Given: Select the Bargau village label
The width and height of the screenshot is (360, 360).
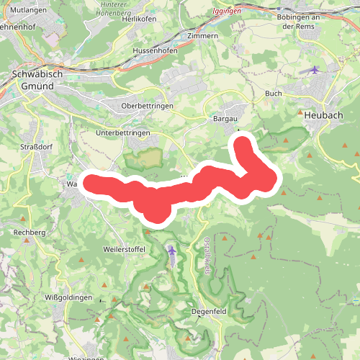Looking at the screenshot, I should tap(226, 118).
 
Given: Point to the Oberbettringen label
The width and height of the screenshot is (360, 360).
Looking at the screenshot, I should tap(148, 106).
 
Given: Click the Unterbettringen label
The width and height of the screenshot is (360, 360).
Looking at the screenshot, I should tap(122, 133).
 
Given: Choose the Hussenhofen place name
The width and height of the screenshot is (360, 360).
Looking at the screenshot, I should tap(156, 52).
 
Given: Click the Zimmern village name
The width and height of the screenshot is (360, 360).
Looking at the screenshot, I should tap(202, 35).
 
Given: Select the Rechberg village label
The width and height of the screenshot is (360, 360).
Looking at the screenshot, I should tap(30, 233).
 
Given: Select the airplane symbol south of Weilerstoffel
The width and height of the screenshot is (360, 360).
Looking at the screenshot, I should tap(171, 251).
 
